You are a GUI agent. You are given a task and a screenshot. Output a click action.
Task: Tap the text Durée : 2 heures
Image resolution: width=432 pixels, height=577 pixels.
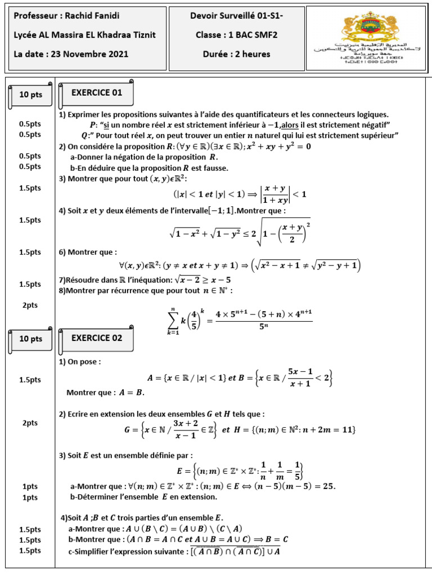point(236,55)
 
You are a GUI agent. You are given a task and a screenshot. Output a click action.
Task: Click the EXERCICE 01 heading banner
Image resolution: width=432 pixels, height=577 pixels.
point(96,93)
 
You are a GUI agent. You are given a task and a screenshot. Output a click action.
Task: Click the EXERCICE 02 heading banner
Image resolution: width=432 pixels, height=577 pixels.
point(96,338)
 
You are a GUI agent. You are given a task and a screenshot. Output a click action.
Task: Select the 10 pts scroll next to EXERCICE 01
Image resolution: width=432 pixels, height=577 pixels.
point(31,95)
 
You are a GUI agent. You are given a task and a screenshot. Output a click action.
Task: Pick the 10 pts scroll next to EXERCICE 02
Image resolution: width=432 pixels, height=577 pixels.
point(31,339)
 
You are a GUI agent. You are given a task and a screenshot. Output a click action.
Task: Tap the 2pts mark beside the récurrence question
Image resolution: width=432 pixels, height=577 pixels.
point(30,305)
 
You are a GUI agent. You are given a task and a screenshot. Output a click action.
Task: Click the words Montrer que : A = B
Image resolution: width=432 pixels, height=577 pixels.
point(106,392)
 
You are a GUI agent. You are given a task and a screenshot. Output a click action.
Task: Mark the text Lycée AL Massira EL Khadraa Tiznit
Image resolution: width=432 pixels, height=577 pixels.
point(85,35)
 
